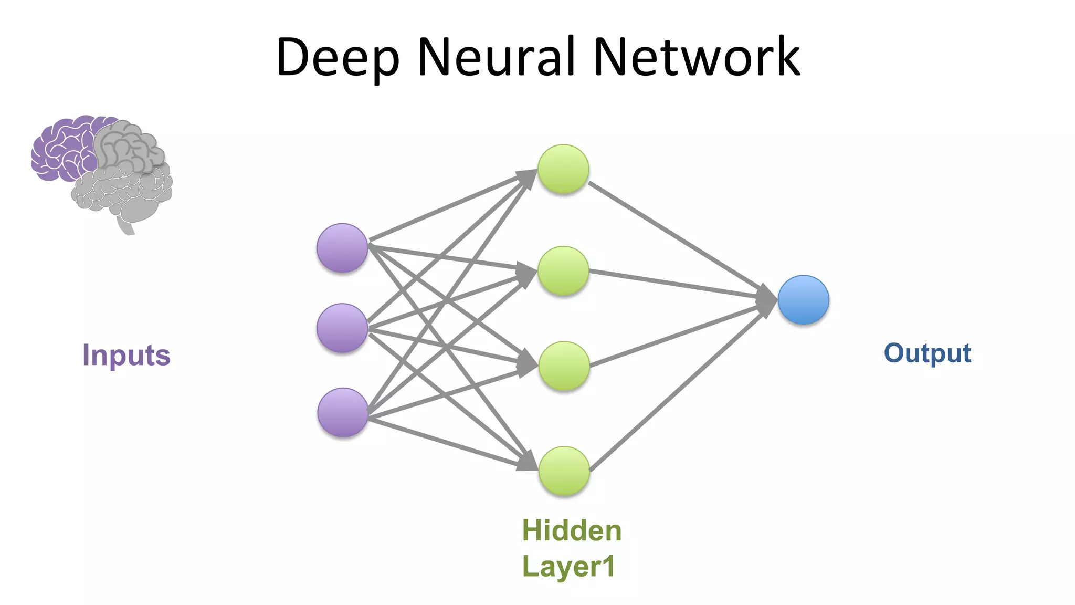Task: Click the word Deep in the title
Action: pos(337,58)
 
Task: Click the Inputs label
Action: pos(127,356)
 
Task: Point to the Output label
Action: pos(928,353)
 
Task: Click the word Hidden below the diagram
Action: pos(572,530)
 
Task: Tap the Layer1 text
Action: pos(568,567)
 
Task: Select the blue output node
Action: pos(803,300)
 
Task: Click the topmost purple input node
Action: pos(342,248)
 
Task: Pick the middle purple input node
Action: pos(342,328)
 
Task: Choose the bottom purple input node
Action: pos(343,412)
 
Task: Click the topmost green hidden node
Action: pos(563,169)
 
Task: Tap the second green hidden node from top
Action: pos(563,270)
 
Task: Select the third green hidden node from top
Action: pos(564,366)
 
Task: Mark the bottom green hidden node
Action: pos(564,471)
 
